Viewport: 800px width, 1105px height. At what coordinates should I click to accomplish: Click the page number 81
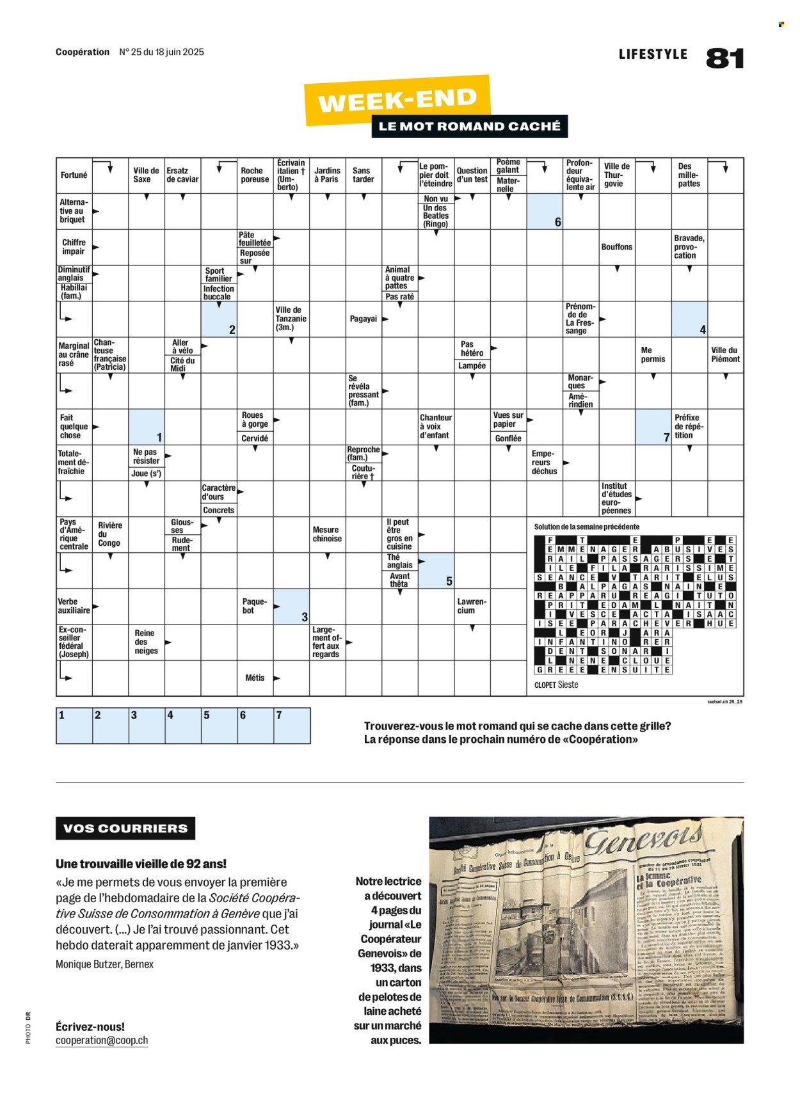[725, 58]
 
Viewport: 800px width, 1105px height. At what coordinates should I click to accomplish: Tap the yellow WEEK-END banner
[397, 100]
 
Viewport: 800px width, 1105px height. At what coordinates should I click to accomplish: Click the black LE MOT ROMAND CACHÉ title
[469, 126]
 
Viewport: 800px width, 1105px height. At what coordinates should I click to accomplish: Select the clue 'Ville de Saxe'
[146, 175]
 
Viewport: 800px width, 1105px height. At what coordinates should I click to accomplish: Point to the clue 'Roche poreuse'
[254, 175]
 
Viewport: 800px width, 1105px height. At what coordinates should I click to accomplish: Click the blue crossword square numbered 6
[545, 211]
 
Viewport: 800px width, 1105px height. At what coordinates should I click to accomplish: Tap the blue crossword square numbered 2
[219, 319]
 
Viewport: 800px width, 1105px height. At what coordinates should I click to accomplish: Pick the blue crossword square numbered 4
[689, 319]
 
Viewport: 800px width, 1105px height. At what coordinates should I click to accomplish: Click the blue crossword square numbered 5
[436, 571]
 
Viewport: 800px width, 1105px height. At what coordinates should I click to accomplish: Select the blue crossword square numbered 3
[291, 607]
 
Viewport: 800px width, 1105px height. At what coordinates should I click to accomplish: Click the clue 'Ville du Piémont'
[725, 354]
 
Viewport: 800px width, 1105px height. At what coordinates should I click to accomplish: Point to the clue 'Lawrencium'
[472, 606]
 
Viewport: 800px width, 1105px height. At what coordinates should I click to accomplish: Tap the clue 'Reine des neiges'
[146, 642]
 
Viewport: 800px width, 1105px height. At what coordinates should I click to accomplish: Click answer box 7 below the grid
[292, 726]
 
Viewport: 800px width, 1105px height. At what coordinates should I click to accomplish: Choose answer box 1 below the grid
[74, 726]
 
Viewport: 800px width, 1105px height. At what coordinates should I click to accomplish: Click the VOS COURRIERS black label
[125, 829]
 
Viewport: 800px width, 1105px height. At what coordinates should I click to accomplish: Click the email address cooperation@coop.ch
[102, 1040]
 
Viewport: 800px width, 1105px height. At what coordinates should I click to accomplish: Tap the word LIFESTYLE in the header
[653, 54]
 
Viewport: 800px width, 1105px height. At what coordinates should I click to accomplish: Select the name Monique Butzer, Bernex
[104, 964]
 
